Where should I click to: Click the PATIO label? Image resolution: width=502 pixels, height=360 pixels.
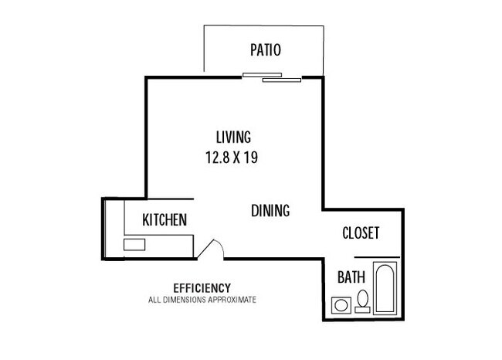coord(266,50)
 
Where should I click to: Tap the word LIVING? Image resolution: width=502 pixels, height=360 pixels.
coord(233,137)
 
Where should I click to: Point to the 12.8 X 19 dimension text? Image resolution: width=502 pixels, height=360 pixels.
coord(232,158)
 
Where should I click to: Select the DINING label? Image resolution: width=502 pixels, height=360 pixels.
coord(270,211)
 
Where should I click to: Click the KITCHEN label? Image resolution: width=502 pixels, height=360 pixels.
coord(165,220)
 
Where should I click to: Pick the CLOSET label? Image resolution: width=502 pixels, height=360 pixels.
coord(361,233)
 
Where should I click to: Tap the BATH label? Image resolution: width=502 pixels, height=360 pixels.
coord(351,277)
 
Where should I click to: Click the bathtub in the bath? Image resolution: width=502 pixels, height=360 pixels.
coord(385,287)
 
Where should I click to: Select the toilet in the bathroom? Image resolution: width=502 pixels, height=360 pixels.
coord(363,301)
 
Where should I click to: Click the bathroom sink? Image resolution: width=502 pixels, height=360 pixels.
coord(341,305)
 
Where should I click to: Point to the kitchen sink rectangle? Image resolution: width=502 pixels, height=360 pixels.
coord(134,245)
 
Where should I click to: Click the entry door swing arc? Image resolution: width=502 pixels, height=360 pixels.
coord(219,246)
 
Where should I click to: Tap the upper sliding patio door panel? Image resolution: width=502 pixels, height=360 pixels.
coord(263,75)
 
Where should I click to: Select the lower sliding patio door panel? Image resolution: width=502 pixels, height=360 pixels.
coord(282,80)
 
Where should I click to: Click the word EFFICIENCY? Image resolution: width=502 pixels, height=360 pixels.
coord(202,288)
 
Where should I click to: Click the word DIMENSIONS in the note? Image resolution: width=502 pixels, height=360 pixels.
coord(185,300)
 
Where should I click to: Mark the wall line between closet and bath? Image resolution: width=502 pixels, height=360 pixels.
coord(377,257)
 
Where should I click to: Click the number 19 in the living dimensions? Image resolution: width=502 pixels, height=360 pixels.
coord(251,158)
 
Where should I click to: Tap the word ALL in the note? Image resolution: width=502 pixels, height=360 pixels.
coord(154,300)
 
